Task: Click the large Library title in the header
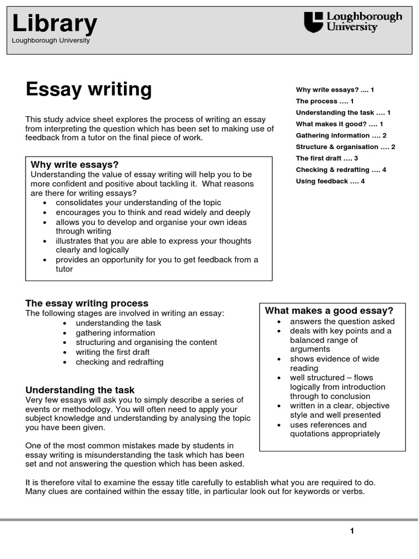55,24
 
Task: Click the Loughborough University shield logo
313,23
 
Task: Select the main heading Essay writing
88,89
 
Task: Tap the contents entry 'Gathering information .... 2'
341,135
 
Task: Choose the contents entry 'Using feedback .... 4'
330,181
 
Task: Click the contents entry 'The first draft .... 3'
327,158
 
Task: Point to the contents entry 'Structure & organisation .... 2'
345,147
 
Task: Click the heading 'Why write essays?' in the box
75,165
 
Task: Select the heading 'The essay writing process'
87,303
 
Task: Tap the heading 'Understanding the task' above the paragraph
80,390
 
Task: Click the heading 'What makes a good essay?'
329,311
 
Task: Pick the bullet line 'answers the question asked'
342,322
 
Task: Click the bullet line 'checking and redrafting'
119,362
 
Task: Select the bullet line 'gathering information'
115,333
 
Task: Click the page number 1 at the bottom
352,531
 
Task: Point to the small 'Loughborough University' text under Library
50,40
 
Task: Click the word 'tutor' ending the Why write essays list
64,269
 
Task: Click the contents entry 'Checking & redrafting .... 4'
341,170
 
